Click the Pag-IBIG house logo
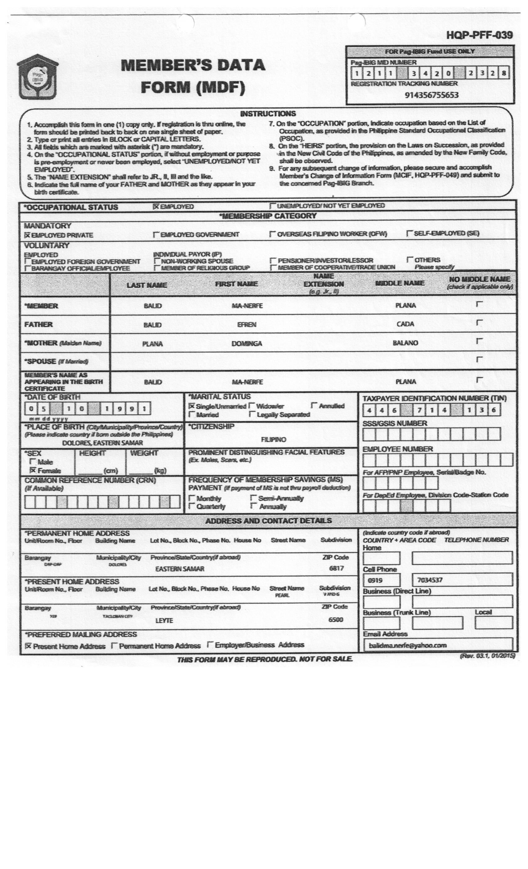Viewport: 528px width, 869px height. coord(37,77)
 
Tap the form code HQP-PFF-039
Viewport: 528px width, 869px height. coord(479,35)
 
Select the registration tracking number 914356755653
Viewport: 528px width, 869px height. coord(431,95)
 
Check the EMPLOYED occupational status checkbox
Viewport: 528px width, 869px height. coord(156,206)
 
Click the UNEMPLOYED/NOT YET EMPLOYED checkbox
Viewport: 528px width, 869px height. coord(272,205)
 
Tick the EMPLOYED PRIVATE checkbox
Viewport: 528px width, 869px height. coord(27,235)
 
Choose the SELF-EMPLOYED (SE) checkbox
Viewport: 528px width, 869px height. coord(409,233)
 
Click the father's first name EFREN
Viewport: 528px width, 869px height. coord(247,324)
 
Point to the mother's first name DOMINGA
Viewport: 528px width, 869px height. coord(247,344)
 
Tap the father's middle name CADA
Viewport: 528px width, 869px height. coord(405,324)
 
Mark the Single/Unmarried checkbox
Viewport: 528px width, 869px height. coord(191,406)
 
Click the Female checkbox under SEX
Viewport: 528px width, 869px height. coord(33,471)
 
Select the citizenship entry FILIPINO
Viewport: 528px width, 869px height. coord(274,439)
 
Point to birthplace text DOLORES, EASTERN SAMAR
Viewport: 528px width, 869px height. coord(102,443)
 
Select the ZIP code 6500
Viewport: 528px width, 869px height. coord(336,620)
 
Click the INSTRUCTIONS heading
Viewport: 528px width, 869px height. coord(268,114)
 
